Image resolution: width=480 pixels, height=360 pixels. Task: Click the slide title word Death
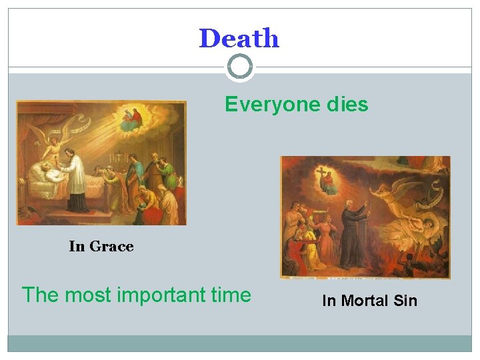click(x=239, y=39)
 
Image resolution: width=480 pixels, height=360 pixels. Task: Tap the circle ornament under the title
click(x=240, y=67)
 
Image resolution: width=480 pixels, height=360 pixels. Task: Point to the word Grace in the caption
click(x=111, y=247)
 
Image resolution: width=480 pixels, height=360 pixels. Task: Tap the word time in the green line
click(x=231, y=295)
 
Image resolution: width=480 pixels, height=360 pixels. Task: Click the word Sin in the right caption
click(x=405, y=301)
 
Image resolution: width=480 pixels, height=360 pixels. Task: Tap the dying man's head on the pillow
click(x=41, y=167)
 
